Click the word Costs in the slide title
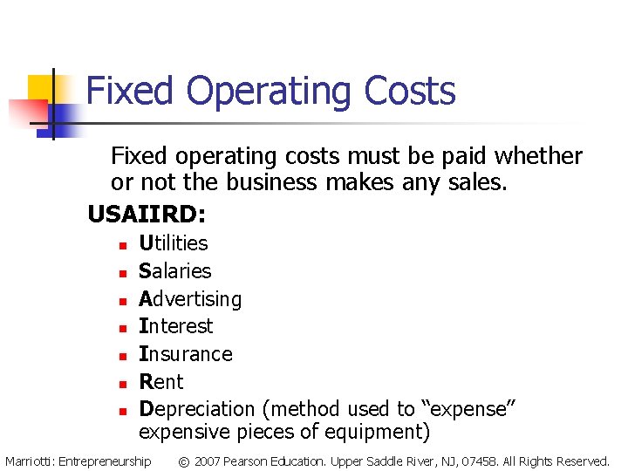click(410, 92)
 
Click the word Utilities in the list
click(174, 242)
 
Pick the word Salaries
click(175, 270)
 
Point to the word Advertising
click(190, 299)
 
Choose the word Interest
click(176, 326)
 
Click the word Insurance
click(186, 354)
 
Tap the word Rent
click(161, 382)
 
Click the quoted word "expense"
click(463, 409)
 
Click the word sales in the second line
click(482, 183)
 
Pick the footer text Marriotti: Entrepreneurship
click(78, 461)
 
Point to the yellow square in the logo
click(40, 88)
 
